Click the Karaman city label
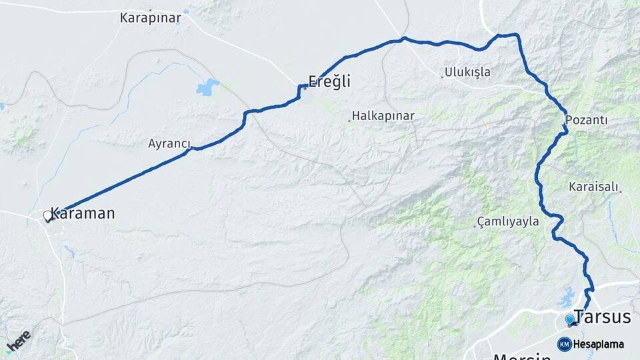(83, 213)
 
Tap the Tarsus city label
(602, 317)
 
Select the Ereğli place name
(329, 81)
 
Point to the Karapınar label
(150, 18)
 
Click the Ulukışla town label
(467, 72)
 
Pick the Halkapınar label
(383, 116)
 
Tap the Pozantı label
(587, 120)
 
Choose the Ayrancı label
(169, 143)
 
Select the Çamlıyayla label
(508, 222)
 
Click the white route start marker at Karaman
(47, 215)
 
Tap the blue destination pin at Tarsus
(569, 319)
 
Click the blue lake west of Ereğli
(208, 87)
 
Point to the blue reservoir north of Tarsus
(567, 294)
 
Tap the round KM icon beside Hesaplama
(564, 344)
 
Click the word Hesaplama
(599, 345)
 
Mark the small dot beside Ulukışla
(442, 76)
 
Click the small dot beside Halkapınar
(349, 121)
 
